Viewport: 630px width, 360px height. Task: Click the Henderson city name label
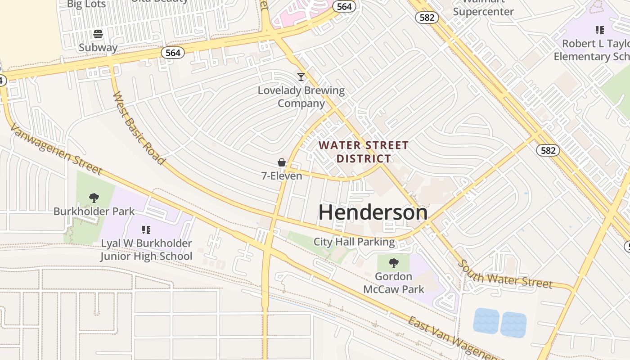[373, 212]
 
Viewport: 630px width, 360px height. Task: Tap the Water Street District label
[364, 152]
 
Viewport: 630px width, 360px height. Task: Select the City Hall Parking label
[354, 242]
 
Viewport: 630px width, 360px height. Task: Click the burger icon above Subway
[98, 34]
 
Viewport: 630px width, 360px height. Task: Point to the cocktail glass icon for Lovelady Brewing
[301, 77]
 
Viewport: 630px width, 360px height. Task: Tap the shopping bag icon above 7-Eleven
[282, 162]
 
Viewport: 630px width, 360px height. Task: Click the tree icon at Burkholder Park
[94, 198]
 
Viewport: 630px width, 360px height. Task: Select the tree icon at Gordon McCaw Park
[394, 263]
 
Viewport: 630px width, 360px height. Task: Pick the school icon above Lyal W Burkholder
[146, 230]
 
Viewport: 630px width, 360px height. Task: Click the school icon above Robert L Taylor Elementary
[599, 30]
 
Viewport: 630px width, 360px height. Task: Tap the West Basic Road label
[138, 128]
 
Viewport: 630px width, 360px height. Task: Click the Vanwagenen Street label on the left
[55, 149]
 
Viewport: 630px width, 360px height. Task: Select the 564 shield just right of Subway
[173, 53]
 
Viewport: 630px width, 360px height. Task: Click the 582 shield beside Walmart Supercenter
[425, 17]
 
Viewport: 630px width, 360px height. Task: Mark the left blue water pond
[486, 321]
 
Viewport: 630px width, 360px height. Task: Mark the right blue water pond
[513, 324]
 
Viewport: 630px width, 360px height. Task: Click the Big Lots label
[86, 4]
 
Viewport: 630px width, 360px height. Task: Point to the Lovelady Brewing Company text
[301, 97]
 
